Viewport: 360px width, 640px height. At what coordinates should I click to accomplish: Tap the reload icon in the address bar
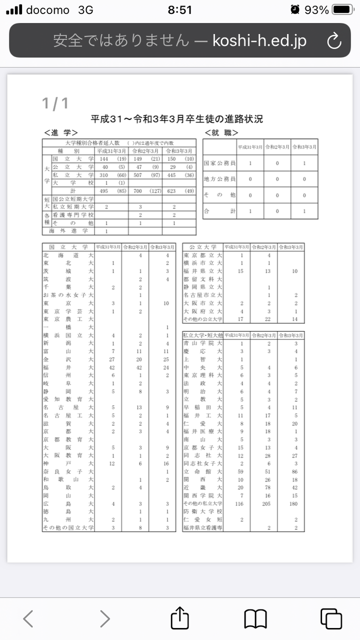click(x=333, y=40)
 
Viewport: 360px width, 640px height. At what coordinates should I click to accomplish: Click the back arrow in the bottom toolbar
click(x=28, y=619)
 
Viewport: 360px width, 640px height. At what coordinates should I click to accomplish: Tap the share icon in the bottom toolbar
click(x=179, y=618)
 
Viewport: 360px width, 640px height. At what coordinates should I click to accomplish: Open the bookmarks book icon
click(x=255, y=619)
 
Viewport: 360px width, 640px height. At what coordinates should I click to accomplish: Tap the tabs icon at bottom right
click(x=330, y=619)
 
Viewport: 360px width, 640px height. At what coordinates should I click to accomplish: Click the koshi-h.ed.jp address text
click(x=259, y=40)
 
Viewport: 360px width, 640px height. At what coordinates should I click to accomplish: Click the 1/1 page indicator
click(x=55, y=103)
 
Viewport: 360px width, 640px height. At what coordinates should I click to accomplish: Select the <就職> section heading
click(x=221, y=132)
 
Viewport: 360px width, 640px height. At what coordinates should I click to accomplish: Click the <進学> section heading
click(x=61, y=132)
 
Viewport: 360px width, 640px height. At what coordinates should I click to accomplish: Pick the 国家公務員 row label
click(x=220, y=163)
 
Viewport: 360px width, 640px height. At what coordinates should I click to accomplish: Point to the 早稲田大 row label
click(x=202, y=407)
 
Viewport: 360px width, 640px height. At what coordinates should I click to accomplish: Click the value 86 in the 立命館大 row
click(x=295, y=471)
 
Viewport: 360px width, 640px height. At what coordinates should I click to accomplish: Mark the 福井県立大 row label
click(x=202, y=271)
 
